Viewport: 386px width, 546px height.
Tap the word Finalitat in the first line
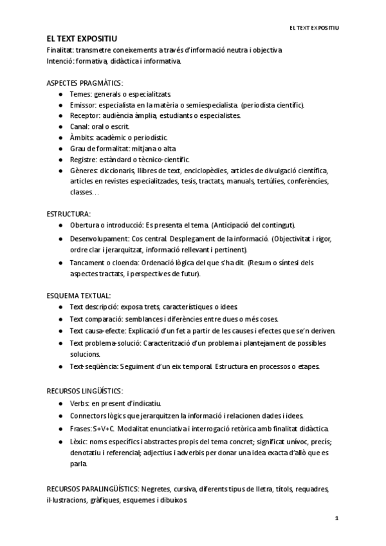pos(60,50)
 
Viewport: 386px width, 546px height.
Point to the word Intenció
pos(60,61)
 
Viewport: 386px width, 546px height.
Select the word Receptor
pos(84,116)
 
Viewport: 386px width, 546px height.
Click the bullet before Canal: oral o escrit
pos(60,127)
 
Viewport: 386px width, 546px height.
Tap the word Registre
pos(83,160)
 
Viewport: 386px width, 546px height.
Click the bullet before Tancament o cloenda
pos(60,263)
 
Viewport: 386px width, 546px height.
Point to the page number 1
pos(336,518)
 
